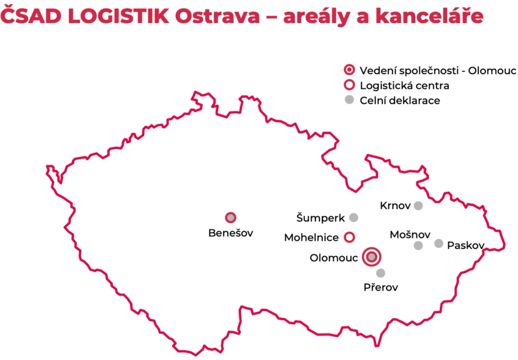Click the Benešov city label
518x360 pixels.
(231, 233)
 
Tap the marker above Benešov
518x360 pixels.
(231, 217)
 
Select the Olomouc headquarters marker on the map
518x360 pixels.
(371, 257)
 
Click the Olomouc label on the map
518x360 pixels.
(333, 258)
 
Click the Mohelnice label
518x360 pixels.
(311, 237)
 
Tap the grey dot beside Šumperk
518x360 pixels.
(353, 217)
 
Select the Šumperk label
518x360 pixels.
(321, 218)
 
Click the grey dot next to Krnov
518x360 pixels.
(418, 206)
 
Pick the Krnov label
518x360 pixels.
(395, 206)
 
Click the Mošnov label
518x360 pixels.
(410, 235)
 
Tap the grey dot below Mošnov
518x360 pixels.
(418, 245)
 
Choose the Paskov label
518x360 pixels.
(466, 245)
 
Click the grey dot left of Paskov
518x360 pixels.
(439, 244)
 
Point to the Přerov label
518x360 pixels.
(381, 288)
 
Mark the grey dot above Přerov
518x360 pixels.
(381, 273)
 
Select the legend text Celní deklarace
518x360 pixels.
(399, 101)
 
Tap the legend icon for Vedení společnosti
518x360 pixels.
(349, 70)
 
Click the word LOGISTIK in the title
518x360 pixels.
(119, 16)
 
